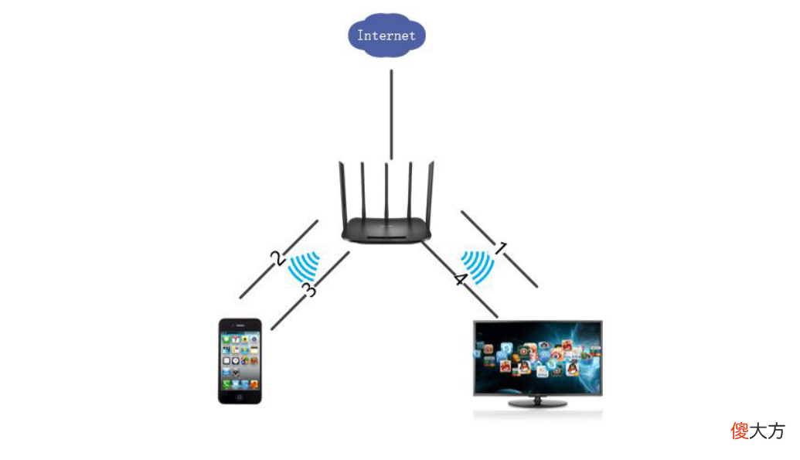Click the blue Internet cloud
coord(386,35)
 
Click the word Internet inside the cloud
coord(386,36)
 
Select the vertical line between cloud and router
coord(391,114)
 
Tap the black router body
coord(386,230)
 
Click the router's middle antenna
coord(386,191)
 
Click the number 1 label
coord(502,249)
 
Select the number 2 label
coord(277,258)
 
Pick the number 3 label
coord(308,289)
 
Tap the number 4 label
coord(460,279)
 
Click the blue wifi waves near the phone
coord(305,265)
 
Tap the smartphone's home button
coord(240,397)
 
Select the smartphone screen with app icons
coord(240,360)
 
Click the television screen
coord(538,358)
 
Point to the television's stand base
coord(538,404)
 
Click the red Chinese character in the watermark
coord(740,431)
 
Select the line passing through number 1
coord(499,249)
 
